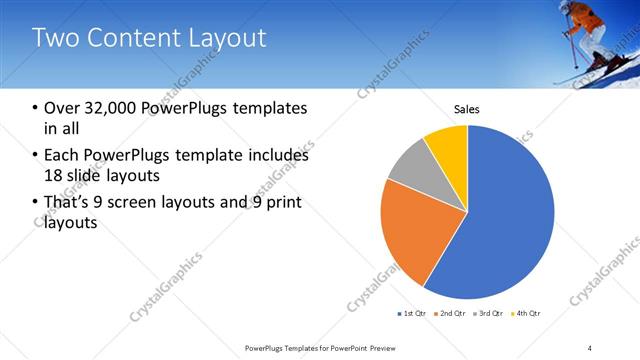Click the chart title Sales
[x=467, y=108]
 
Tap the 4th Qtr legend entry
[x=527, y=314]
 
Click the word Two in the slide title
[x=56, y=39]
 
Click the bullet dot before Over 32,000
[x=36, y=108]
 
